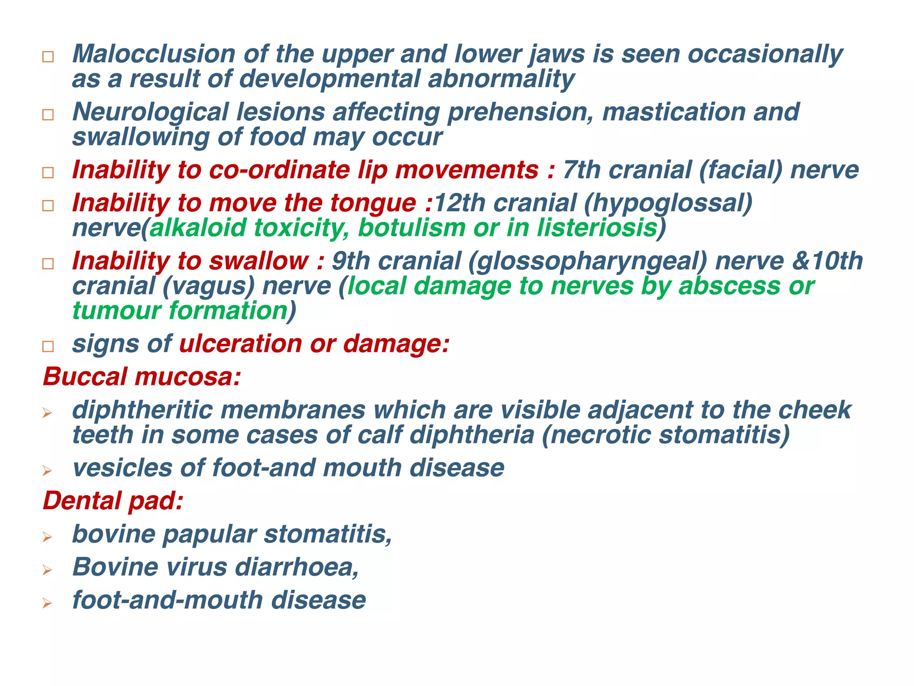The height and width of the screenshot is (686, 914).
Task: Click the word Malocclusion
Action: point(154,54)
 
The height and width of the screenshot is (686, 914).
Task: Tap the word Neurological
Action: point(150,112)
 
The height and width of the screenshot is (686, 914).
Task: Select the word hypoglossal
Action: point(668,204)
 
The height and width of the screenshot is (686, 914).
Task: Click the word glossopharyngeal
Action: point(588,261)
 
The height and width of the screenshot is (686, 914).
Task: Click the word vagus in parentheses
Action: point(208,286)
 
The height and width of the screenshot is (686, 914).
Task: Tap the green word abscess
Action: point(730,286)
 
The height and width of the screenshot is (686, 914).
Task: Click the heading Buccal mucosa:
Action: point(142,376)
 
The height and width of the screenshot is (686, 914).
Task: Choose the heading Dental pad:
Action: point(113,501)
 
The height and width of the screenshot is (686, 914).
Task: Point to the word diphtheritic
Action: point(142,410)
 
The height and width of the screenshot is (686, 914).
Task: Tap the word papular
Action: point(209,534)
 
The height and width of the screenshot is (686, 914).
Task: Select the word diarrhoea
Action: point(297,567)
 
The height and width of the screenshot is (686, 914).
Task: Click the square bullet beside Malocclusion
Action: point(48,57)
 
